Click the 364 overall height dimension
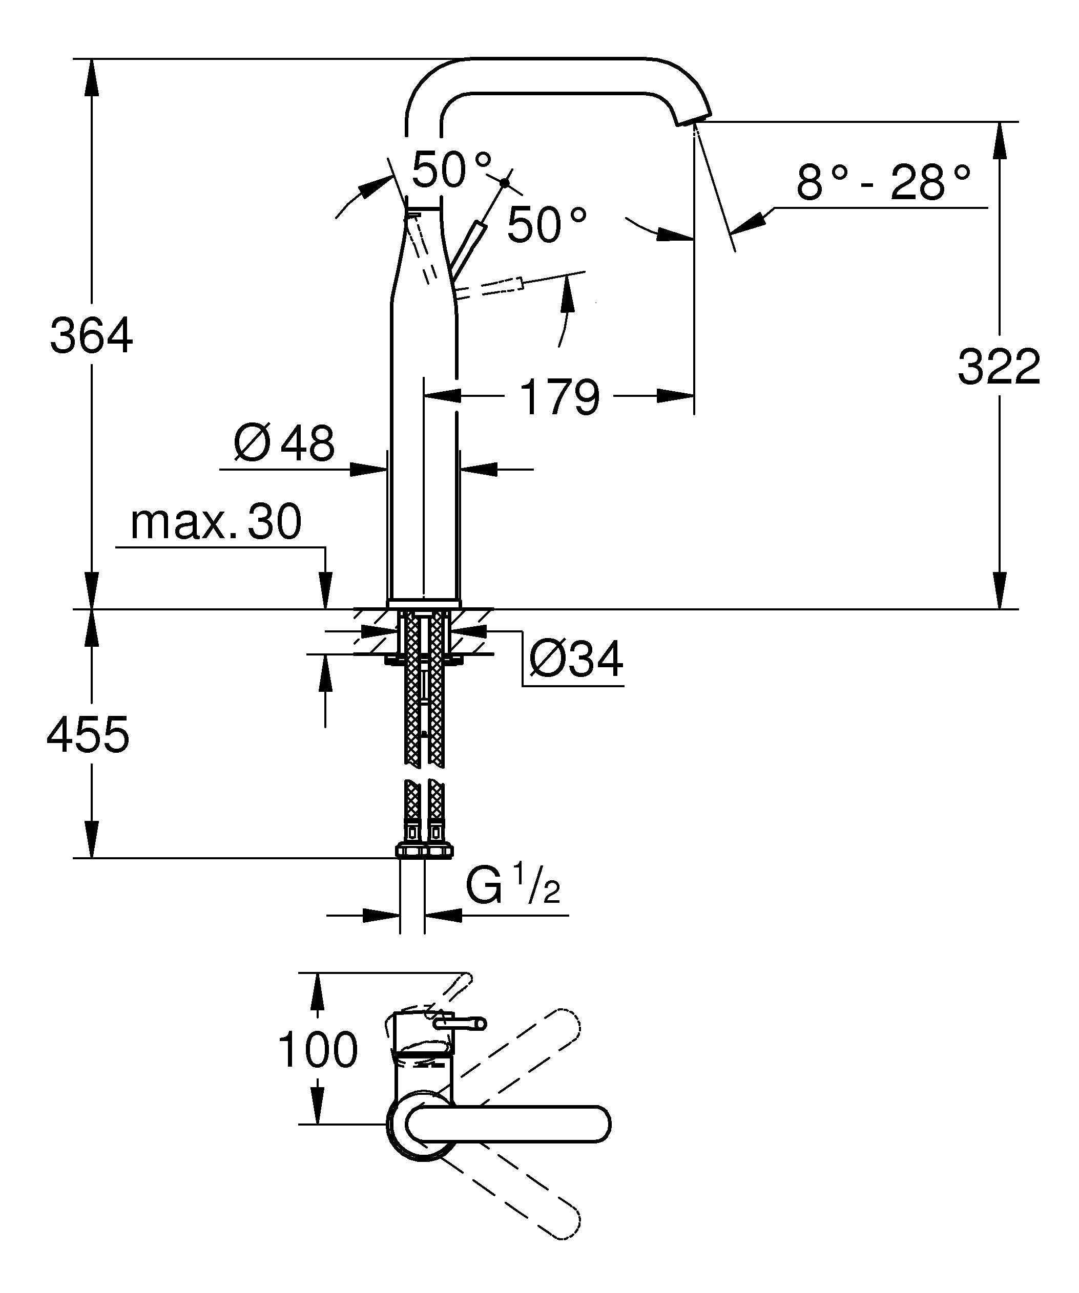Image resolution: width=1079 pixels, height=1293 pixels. pos(91,335)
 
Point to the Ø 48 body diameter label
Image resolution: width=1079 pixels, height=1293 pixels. pos(284,442)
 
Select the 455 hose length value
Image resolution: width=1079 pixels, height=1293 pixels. pos(88,734)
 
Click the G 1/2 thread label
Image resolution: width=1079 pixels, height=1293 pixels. pos(512,886)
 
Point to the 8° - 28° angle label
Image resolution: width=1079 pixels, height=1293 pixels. pos(883,182)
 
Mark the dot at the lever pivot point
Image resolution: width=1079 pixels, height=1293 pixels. pos(505,182)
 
